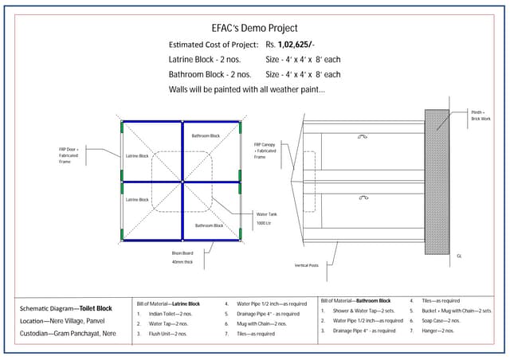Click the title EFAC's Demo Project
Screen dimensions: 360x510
(x=254, y=25)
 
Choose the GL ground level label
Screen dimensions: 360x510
(x=459, y=256)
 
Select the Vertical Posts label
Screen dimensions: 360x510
(x=306, y=265)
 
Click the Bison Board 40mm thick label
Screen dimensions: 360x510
(x=183, y=257)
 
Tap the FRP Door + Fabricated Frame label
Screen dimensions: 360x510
(x=68, y=156)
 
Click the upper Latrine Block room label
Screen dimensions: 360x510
(x=138, y=156)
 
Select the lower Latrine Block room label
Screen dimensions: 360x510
(x=138, y=199)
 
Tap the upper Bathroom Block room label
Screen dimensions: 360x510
(x=206, y=136)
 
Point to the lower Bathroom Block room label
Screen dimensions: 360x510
(x=209, y=225)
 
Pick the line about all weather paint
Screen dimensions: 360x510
(x=247, y=88)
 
